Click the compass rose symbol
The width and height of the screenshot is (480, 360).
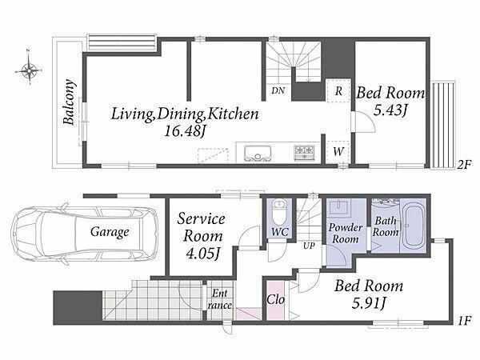pyautogui.click(x=29, y=70)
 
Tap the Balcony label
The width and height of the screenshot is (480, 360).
pyautogui.click(x=70, y=102)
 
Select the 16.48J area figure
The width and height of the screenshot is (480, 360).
pyautogui.click(x=184, y=131)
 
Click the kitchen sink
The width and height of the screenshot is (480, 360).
pyautogui.click(x=258, y=153)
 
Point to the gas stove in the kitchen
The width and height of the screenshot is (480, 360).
pyautogui.click(x=304, y=152)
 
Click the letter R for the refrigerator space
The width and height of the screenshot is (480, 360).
pyautogui.click(x=338, y=91)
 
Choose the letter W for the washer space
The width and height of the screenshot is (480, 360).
pyautogui.click(x=338, y=151)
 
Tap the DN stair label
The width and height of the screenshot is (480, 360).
pyautogui.click(x=278, y=90)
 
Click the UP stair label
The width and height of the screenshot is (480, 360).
pyautogui.click(x=309, y=246)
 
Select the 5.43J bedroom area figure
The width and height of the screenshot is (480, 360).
pyautogui.click(x=390, y=110)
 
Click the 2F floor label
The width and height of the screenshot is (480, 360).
pyautogui.click(x=463, y=165)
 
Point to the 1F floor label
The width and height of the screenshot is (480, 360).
pyautogui.click(x=464, y=321)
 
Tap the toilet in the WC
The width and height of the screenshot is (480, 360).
pyautogui.click(x=279, y=213)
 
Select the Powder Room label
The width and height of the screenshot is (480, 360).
pyautogui.click(x=346, y=233)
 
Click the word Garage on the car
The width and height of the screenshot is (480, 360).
pyautogui.click(x=110, y=232)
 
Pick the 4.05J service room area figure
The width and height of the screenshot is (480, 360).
pyautogui.click(x=202, y=254)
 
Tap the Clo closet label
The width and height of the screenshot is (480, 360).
pyautogui.click(x=275, y=300)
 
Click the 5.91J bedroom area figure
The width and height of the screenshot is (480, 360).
pyautogui.click(x=368, y=303)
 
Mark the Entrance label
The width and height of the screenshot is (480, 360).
pyautogui.click(x=220, y=299)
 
